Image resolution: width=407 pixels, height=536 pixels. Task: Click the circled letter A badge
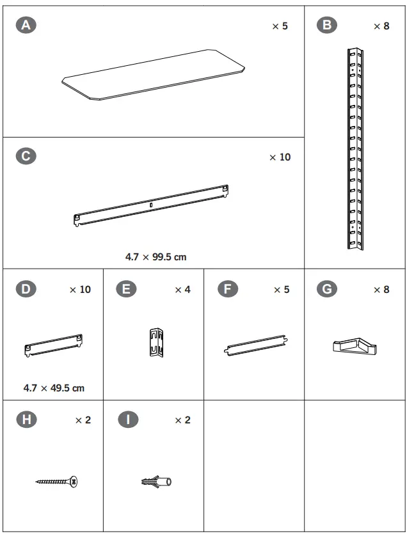26,26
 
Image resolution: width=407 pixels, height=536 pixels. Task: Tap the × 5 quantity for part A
280,26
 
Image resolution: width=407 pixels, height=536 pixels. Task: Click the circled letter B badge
327,26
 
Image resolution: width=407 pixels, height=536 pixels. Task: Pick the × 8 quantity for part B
381,26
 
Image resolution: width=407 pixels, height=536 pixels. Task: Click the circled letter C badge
26,157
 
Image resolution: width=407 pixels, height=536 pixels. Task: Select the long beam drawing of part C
152,205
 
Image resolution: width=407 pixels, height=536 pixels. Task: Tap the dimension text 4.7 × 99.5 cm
156,256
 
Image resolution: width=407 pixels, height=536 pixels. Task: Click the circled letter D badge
26,289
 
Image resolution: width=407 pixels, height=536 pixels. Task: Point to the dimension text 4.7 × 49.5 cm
54,388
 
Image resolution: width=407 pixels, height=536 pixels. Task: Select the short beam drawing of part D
54,343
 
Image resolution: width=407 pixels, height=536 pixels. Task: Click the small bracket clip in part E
156,343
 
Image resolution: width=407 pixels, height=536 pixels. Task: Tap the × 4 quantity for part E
182,290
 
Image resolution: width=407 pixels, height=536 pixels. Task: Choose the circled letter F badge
227,289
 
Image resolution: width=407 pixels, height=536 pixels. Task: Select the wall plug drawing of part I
156,482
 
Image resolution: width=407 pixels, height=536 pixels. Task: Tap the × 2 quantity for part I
182,420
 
